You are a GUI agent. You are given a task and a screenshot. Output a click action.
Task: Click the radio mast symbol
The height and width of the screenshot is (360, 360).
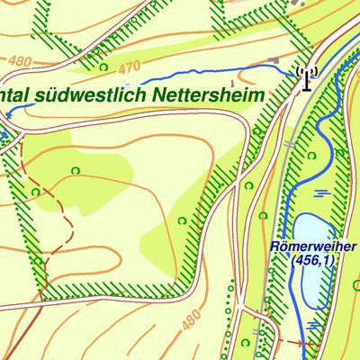(x=307, y=78)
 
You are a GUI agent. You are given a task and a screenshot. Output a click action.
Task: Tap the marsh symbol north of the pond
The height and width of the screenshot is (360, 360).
(x=321, y=192)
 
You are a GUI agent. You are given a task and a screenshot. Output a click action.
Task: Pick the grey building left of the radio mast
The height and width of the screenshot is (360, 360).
(x=272, y=61)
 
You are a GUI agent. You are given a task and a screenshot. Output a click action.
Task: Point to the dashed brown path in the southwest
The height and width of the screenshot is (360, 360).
(x=61, y=216)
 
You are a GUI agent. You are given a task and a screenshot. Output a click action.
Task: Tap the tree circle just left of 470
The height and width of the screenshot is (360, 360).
(x=103, y=67)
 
